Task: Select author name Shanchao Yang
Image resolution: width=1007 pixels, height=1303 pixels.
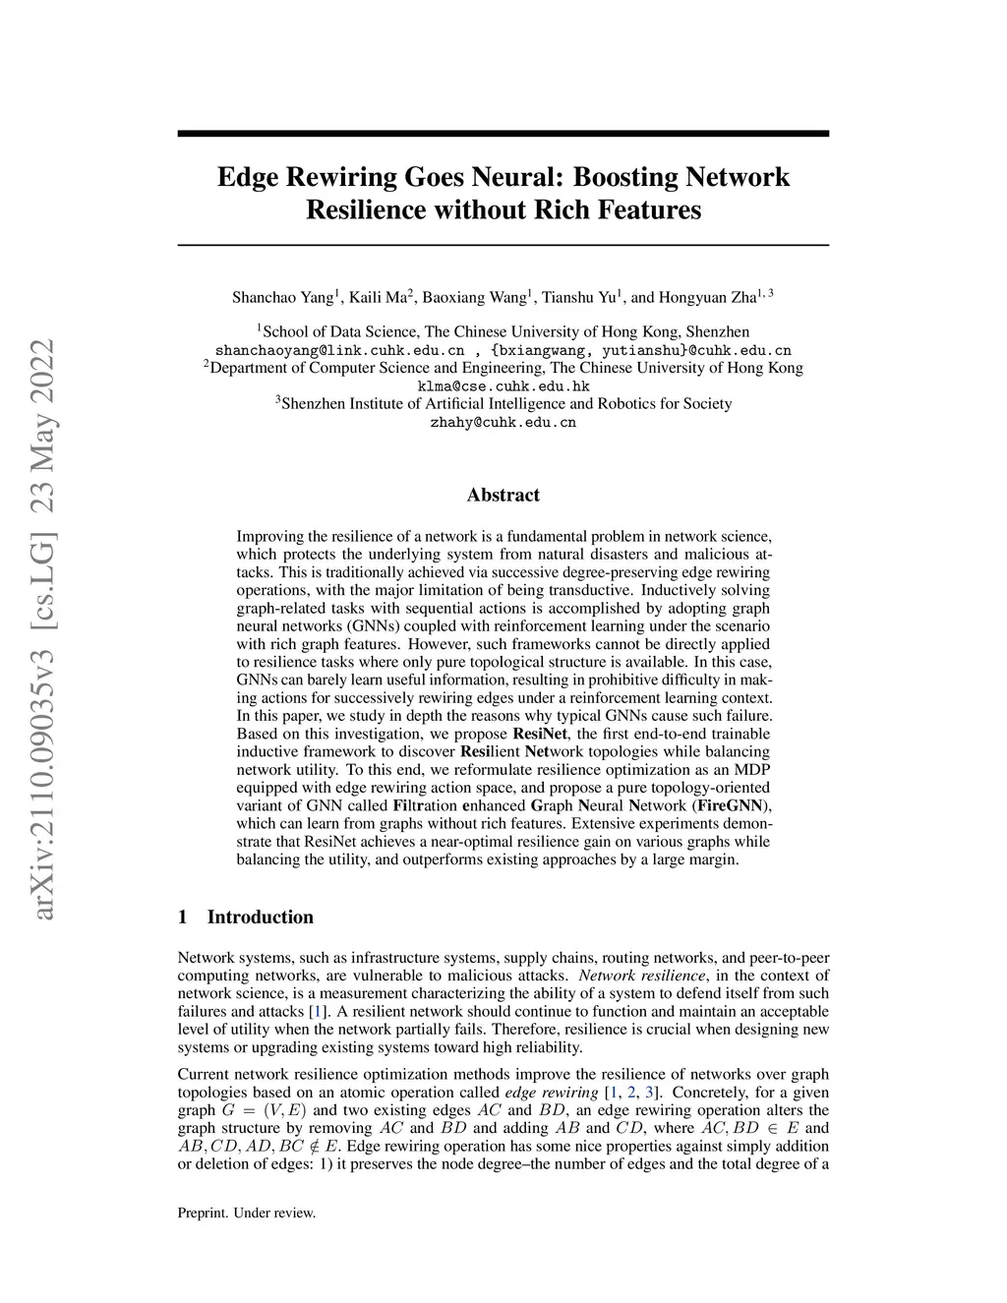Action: coord(282,297)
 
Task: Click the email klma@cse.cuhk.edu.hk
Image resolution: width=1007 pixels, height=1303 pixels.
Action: coord(503,386)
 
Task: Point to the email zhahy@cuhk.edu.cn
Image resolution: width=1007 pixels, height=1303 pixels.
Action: coord(503,423)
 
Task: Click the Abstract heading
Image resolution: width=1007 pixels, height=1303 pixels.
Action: coord(503,495)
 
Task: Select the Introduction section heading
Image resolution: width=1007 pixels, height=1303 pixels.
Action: coord(260,918)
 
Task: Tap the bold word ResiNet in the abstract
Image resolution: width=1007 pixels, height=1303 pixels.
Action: coord(543,734)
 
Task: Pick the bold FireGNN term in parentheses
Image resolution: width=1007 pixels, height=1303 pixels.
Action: coord(731,805)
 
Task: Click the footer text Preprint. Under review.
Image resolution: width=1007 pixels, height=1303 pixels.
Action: coord(247,1214)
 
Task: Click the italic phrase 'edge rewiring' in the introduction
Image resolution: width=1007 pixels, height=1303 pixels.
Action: coord(551,1093)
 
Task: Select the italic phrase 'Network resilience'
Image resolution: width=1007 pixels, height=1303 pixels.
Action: coord(642,976)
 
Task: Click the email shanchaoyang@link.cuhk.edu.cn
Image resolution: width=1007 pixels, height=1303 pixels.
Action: coord(339,350)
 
